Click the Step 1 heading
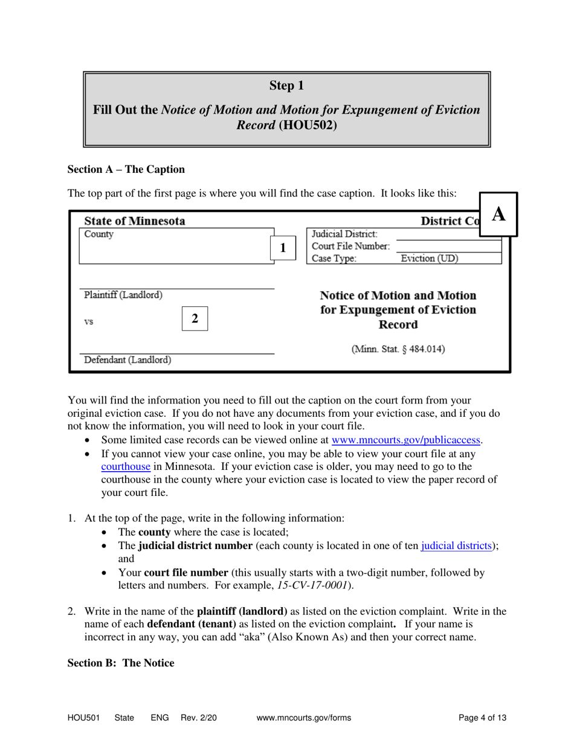(x=286, y=86)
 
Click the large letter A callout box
(x=498, y=214)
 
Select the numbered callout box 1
(x=282, y=248)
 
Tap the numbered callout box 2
(x=195, y=318)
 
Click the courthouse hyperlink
(x=126, y=466)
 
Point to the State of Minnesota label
(x=135, y=221)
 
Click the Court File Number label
(x=350, y=246)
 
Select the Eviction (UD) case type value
(x=430, y=259)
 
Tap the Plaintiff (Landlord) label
(x=123, y=295)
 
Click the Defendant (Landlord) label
(x=127, y=361)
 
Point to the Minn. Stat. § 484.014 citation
(x=398, y=349)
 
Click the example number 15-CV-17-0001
(x=320, y=585)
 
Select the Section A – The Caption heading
(x=126, y=169)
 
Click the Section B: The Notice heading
(x=121, y=663)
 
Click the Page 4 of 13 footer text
(x=482, y=718)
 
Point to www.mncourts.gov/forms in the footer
(x=304, y=718)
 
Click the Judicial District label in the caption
(x=344, y=234)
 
